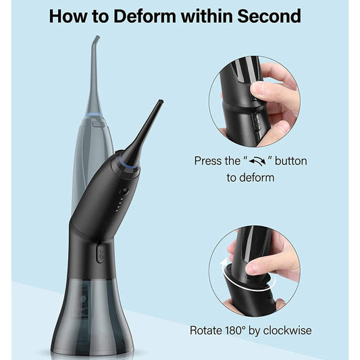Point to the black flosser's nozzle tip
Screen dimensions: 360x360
159,103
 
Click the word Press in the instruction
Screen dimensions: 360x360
208,162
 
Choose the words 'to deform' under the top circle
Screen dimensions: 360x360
251,178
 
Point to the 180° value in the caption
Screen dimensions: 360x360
243,331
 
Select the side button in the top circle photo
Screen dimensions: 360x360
254,122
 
